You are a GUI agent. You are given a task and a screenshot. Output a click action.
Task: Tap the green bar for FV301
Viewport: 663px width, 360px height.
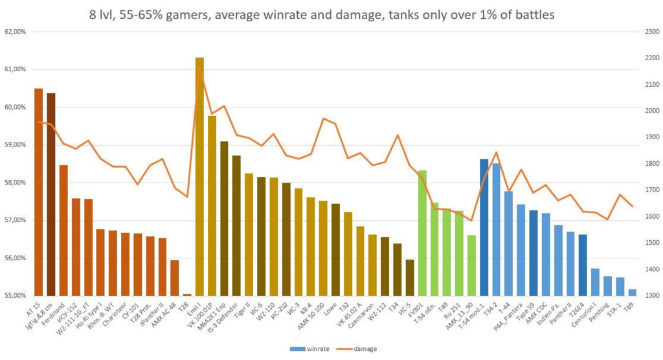coord(422,233)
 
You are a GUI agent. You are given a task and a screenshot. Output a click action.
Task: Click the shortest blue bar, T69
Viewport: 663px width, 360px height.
coord(632,293)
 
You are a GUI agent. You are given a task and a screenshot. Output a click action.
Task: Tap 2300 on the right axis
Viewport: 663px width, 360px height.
coord(649,32)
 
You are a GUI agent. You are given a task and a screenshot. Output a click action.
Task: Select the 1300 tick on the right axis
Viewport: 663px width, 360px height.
coord(649,296)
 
